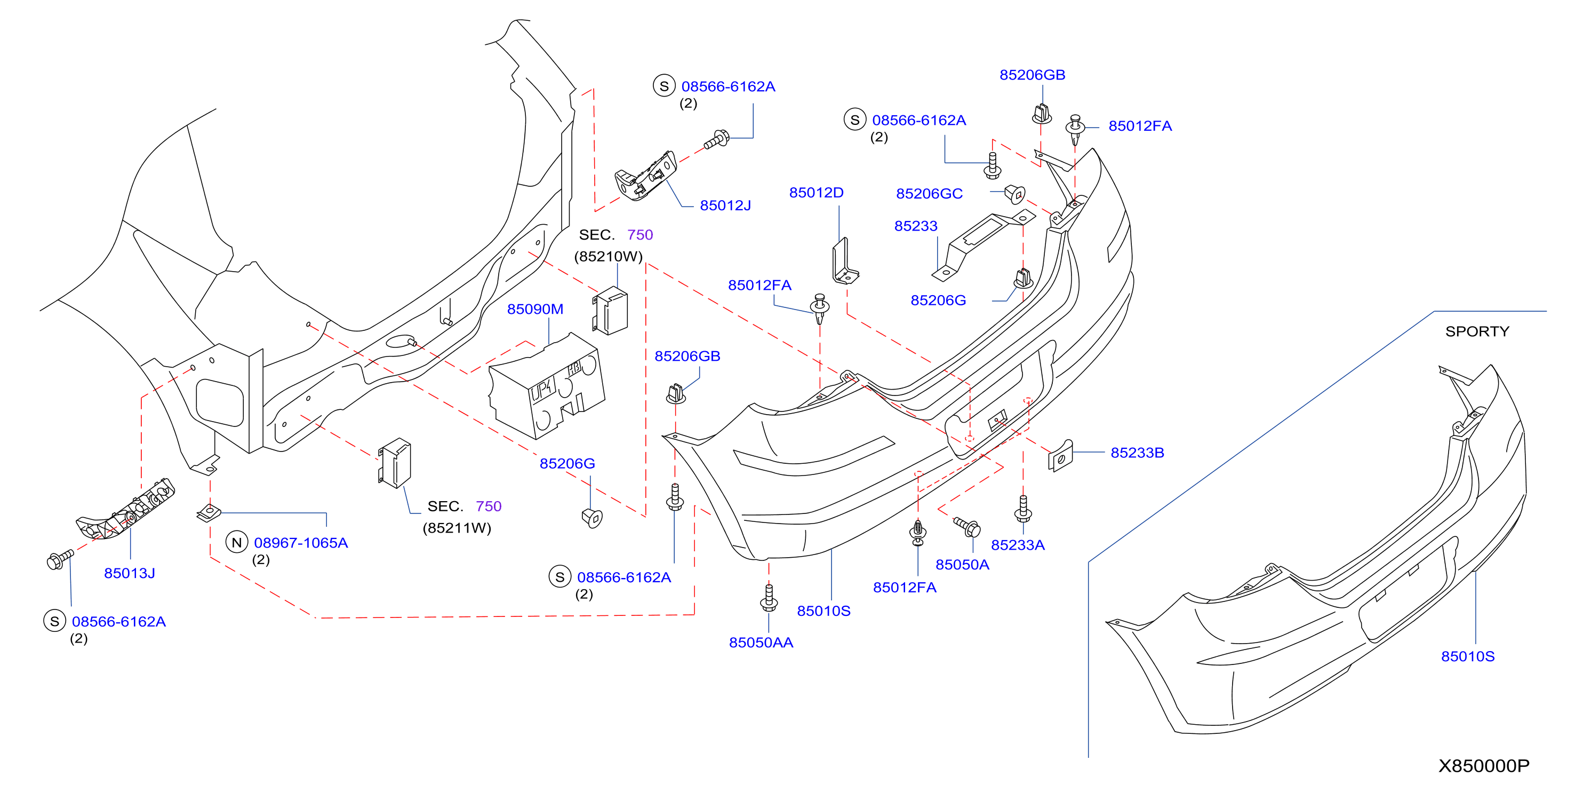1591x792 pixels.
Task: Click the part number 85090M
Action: coord(535,309)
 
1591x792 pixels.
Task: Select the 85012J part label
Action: coord(725,205)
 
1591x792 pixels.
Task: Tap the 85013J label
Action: coord(129,573)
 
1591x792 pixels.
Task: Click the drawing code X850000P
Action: coord(1484,765)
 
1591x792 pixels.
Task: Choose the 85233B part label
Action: coord(1137,453)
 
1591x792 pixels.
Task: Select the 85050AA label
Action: coord(761,643)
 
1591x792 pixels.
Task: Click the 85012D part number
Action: coord(816,193)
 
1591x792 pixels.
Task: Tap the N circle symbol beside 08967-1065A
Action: coord(237,542)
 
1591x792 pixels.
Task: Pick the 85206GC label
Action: coord(929,193)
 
